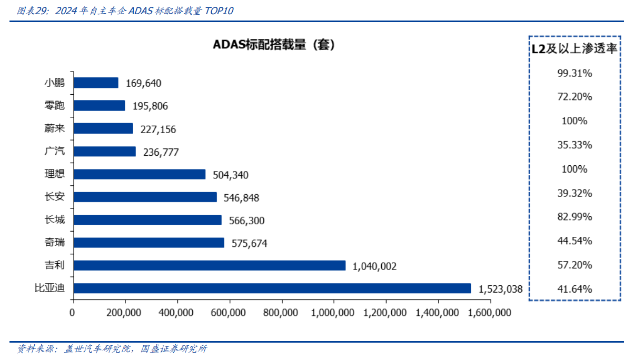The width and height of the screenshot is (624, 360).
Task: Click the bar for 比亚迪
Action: [x=272, y=288]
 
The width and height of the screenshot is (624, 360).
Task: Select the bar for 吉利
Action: [x=209, y=265]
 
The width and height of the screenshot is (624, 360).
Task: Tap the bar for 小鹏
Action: [x=96, y=83]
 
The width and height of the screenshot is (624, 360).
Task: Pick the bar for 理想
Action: [x=139, y=174]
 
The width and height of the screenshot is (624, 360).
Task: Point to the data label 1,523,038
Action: [x=500, y=289]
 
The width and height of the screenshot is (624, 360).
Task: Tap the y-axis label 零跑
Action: [x=55, y=106]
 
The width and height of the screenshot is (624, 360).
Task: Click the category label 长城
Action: [x=55, y=219]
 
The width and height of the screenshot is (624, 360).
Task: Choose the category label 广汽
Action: [x=55, y=152]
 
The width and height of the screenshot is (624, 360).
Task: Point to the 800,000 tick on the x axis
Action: [x=282, y=313]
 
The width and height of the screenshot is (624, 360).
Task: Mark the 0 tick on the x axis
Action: [x=73, y=313]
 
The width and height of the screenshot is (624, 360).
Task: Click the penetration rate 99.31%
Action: [x=575, y=73]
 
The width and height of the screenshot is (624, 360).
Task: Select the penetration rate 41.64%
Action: [x=575, y=289]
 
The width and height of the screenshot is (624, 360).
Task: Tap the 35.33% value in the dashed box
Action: [x=575, y=145]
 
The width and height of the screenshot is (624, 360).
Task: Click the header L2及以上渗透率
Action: [x=574, y=49]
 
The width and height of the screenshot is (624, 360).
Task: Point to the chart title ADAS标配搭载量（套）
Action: [x=274, y=45]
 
